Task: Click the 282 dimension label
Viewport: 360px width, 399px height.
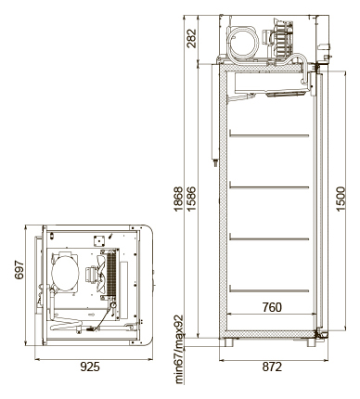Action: tap(192, 38)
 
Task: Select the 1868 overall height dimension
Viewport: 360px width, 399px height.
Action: tap(178, 199)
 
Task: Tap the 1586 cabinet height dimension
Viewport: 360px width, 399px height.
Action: tap(191, 199)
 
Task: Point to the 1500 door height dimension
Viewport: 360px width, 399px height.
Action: tap(341, 199)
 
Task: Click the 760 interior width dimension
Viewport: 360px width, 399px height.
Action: tap(272, 307)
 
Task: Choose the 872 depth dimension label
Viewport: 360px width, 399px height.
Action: tap(272, 367)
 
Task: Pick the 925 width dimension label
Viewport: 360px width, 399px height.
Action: tap(90, 367)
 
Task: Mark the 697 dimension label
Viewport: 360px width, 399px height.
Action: tap(19, 270)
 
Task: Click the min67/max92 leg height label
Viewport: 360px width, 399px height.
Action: tap(180, 350)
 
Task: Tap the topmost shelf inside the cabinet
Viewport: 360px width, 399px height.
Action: tap(269, 135)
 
